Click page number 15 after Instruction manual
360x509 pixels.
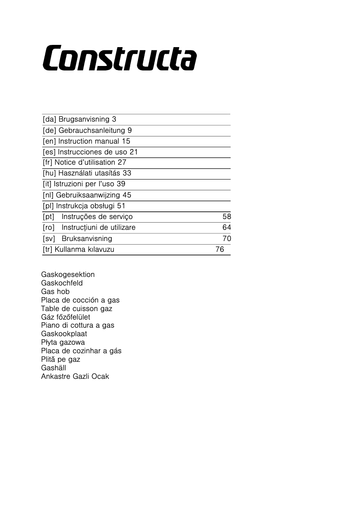click(126, 141)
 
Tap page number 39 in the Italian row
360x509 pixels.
click(121, 184)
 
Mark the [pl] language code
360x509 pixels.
click(48, 206)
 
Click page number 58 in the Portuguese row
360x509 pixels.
click(227, 217)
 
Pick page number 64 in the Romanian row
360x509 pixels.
click(227, 228)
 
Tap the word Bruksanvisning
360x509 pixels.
click(87, 239)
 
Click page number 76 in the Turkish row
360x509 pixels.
click(220, 250)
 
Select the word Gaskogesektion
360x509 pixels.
click(68, 275)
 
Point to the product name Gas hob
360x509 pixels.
click(55, 292)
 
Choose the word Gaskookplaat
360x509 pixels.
click(64, 334)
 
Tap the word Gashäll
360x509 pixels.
click(53, 368)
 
